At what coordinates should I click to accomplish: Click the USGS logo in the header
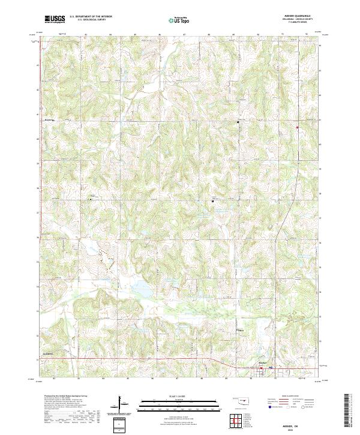[55, 19]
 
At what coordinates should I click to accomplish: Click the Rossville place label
[50, 119]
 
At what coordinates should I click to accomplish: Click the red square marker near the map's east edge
[297, 127]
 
